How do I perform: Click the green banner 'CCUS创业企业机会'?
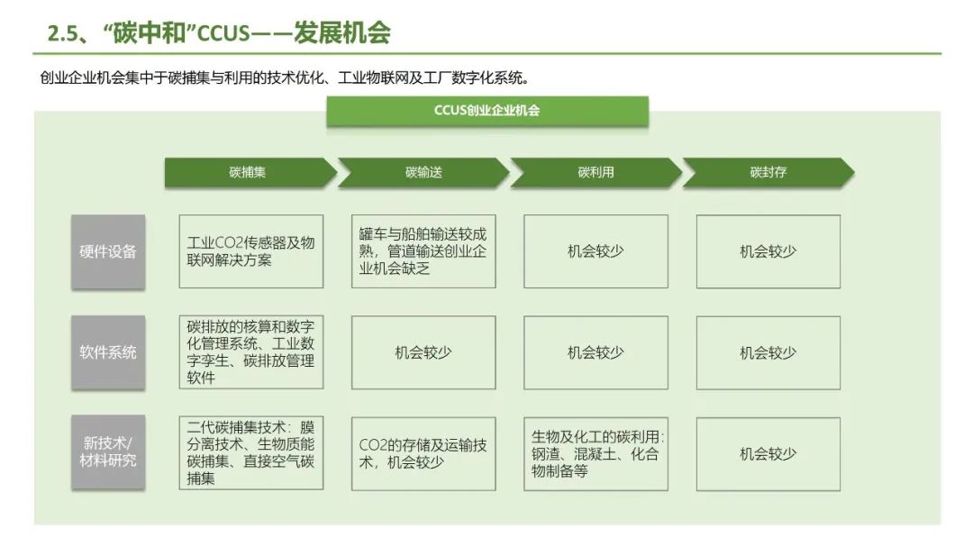tap(486, 111)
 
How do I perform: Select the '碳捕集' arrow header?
tap(248, 172)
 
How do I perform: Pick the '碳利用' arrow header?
tap(595, 172)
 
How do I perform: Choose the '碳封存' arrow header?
tap(768, 172)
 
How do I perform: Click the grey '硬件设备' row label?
tap(108, 251)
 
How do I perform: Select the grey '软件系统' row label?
tap(108, 352)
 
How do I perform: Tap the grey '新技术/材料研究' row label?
tap(108, 452)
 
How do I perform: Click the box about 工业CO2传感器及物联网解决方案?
tap(250, 251)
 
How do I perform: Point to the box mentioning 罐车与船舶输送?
tap(423, 251)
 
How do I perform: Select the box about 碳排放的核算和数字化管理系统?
tap(250, 352)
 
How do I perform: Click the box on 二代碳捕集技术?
tap(250, 452)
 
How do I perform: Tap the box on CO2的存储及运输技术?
tap(423, 452)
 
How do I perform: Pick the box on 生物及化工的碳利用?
tap(596, 452)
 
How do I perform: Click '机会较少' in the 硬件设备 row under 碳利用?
tap(596, 251)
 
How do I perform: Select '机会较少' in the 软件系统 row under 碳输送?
tap(423, 352)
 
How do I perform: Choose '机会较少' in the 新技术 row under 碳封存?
tap(768, 452)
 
